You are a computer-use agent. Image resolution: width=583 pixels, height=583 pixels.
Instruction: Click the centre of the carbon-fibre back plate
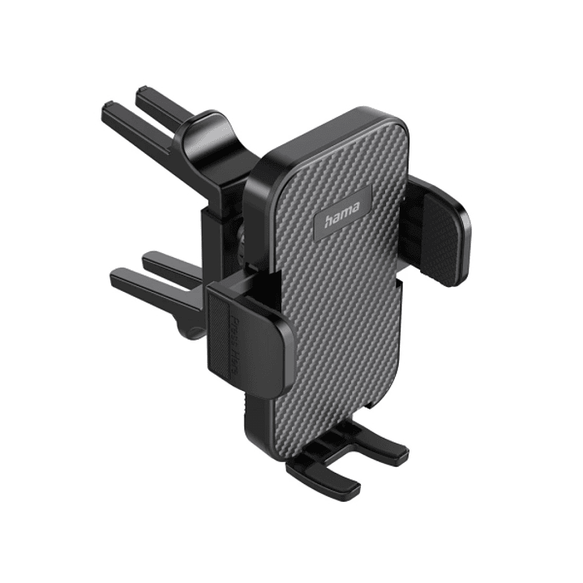[341, 284]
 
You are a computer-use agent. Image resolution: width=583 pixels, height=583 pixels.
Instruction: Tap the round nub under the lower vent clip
[192, 332]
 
